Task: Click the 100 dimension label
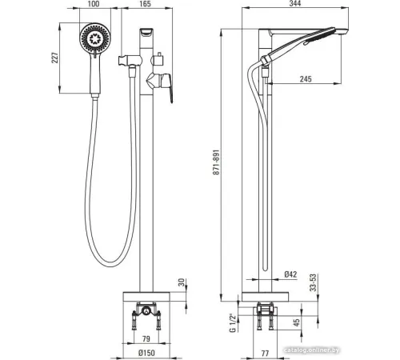(94, 4)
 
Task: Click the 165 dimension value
(145, 4)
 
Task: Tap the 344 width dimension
(295, 3)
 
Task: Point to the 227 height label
(54, 58)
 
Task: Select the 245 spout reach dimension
(306, 79)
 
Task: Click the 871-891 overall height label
(216, 162)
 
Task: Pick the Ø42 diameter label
(290, 274)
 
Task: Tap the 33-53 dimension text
(314, 282)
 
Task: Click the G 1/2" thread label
(233, 323)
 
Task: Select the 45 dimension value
(297, 322)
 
